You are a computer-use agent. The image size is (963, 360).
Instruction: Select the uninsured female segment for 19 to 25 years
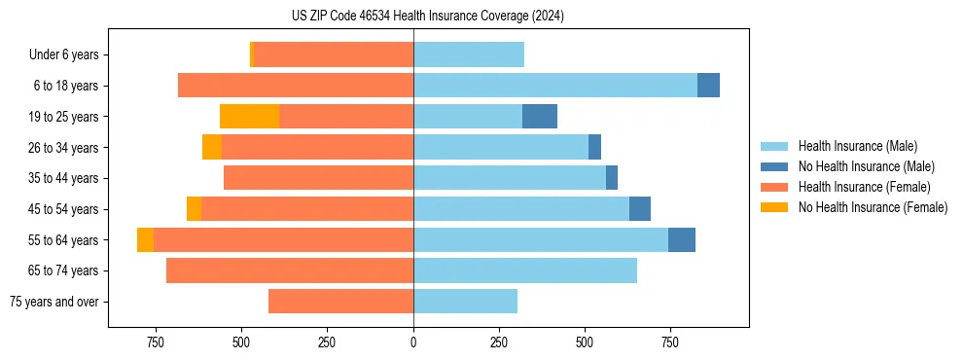(249, 117)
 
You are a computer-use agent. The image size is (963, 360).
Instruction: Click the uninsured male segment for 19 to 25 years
(540, 117)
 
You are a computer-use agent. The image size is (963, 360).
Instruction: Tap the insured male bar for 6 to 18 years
(555, 86)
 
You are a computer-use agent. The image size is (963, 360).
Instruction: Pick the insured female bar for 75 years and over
(340, 302)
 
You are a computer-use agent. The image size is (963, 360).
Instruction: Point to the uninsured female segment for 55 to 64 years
(145, 240)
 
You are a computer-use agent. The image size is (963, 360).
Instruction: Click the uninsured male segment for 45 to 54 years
(640, 209)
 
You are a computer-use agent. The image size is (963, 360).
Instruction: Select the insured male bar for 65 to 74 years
(525, 270)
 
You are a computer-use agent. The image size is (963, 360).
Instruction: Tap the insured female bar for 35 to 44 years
(318, 178)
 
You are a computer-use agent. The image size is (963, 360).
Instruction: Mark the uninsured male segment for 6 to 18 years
(708, 86)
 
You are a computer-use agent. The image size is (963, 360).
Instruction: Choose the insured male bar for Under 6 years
(469, 54)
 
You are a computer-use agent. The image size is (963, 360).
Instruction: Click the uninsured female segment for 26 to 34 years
(212, 147)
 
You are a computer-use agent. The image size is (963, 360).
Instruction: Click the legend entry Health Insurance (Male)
(858, 146)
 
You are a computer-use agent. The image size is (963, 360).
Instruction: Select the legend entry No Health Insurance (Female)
(873, 207)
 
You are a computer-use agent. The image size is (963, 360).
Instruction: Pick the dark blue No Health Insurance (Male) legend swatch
(774, 166)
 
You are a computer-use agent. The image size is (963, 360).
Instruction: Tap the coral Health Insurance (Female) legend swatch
(774, 187)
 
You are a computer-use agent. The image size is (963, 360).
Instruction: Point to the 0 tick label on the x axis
(413, 342)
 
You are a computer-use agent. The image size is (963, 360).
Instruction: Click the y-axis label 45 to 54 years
(64, 209)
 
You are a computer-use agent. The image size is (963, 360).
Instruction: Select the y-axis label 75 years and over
(54, 302)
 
